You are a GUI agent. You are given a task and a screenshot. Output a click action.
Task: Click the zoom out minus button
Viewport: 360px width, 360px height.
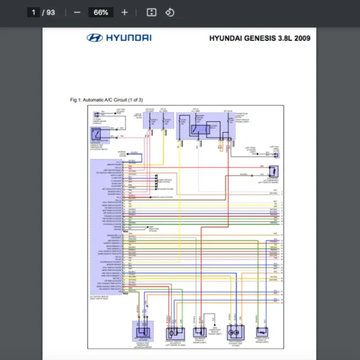click(x=77, y=12)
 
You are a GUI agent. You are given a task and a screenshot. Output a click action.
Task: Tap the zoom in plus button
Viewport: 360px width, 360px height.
click(x=124, y=12)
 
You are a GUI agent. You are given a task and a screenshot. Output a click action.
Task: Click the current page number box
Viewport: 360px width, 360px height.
click(x=34, y=12)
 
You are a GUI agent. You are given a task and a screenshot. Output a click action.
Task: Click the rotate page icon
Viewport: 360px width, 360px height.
click(x=170, y=12)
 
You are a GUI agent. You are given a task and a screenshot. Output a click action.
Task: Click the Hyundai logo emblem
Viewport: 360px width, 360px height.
click(x=94, y=38)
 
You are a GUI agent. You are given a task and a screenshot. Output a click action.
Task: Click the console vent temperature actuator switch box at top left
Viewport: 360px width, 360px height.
click(x=99, y=133)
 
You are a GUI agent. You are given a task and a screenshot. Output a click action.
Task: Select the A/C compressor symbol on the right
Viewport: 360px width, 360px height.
click(x=272, y=172)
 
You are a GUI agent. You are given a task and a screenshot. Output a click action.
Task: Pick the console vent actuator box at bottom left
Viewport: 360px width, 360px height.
click(x=143, y=331)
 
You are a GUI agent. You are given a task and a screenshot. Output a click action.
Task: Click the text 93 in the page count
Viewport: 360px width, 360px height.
click(x=50, y=12)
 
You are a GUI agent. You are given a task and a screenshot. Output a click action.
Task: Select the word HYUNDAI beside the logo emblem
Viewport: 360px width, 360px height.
click(x=128, y=38)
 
